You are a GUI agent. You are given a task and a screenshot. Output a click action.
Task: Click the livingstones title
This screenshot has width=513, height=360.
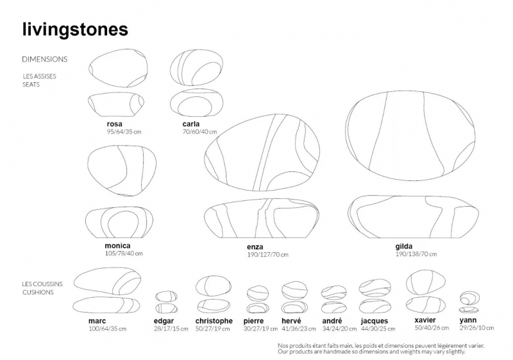[75, 30]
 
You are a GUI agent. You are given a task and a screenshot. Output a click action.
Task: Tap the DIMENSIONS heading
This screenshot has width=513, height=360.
[44, 59]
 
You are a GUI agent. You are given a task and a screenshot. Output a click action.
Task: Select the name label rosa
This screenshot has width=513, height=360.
[115, 124]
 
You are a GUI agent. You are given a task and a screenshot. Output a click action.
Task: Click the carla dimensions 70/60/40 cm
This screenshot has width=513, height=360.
[199, 132]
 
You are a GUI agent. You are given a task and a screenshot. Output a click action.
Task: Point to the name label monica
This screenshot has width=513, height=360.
[117, 246]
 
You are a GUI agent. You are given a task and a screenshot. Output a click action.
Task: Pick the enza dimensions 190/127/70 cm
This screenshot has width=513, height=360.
[267, 255]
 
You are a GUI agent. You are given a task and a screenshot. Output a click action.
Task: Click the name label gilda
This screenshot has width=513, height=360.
[404, 246]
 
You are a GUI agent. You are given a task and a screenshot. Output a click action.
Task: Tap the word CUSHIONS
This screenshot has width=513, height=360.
[38, 292]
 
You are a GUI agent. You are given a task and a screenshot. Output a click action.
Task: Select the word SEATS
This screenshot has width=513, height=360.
[31, 85]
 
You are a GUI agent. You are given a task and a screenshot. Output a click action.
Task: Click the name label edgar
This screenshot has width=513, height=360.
[164, 321]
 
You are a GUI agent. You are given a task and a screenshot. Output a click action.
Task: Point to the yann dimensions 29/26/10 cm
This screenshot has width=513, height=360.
[476, 328]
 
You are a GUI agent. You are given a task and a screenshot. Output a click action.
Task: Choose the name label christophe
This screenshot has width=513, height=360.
[214, 321]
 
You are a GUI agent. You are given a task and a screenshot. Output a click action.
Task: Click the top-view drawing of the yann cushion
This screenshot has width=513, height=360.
[470, 298]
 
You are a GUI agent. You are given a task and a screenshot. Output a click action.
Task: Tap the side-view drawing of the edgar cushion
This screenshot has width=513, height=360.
[166, 308]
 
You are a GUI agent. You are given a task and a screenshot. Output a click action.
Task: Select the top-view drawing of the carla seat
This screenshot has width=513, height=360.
[197, 67]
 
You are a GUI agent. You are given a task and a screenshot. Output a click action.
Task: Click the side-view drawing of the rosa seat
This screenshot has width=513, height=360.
[116, 105]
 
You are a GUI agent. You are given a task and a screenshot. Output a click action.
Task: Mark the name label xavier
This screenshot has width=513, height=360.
[425, 320]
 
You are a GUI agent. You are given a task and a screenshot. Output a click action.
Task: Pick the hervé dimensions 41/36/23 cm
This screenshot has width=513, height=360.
[299, 329]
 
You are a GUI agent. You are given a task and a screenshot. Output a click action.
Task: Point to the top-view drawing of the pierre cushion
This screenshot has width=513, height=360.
[258, 293]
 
